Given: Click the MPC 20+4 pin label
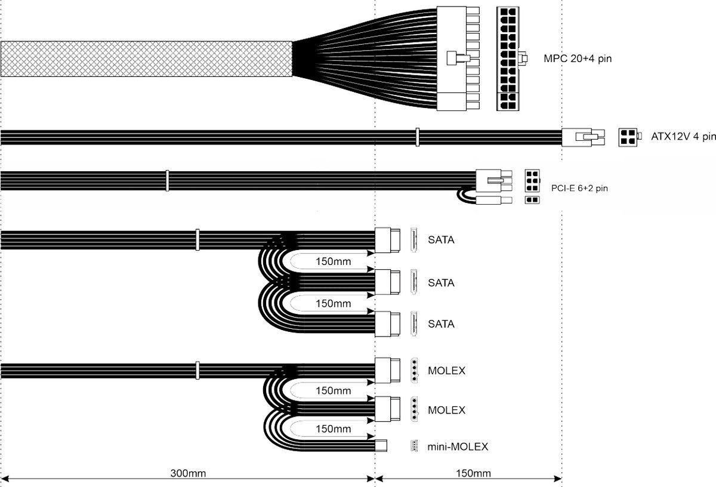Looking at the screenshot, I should tap(578, 58).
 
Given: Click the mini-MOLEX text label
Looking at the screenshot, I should tap(458, 446).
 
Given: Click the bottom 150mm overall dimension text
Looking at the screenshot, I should tap(473, 474).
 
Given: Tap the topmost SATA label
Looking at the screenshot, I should tap(441, 241).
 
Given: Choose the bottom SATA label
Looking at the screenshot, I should tap(441, 324).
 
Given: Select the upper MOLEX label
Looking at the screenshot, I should tap(446, 371).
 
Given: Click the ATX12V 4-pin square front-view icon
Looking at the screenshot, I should tap(626, 137).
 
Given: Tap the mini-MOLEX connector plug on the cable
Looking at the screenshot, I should tap(381, 445).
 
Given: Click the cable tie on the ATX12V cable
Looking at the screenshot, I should tap(418, 137).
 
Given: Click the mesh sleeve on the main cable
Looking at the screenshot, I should tap(146, 59).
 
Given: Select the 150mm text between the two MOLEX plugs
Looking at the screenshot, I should tap(333, 391).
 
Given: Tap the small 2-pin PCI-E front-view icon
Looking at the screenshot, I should tap(530, 200).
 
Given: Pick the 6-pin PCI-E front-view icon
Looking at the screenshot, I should tap(531, 178).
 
